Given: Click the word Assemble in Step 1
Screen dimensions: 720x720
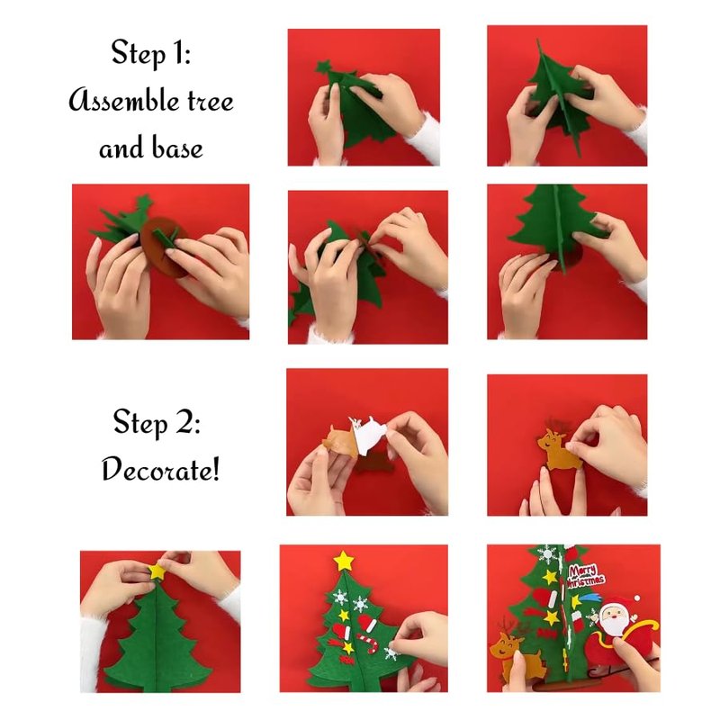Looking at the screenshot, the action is point(123,101).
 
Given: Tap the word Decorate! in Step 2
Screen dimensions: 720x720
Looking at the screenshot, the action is point(161,470).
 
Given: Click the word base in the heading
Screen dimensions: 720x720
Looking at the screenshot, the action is point(176,148).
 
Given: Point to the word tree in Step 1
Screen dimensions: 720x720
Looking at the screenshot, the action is point(211,102).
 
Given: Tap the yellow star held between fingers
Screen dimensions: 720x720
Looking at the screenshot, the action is point(157,571).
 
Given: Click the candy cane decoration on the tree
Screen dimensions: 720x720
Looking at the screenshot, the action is point(370,642).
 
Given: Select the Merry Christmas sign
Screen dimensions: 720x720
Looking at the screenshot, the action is point(584,576).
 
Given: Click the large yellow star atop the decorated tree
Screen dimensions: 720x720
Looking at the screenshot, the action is point(344,561).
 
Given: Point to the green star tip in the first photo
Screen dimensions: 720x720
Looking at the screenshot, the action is point(323,67).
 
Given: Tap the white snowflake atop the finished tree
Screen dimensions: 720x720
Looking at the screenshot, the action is point(547,554).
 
